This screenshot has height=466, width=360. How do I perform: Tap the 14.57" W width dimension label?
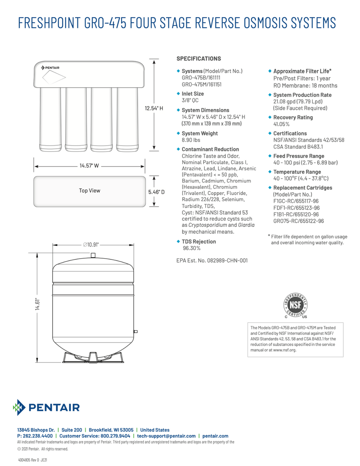click(x=89, y=166)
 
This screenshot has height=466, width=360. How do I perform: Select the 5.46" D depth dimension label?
click(x=156, y=191)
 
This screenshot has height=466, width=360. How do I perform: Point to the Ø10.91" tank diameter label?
click(x=91, y=245)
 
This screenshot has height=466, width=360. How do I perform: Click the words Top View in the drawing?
click(x=90, y=191)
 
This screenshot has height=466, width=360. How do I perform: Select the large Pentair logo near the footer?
click(x=47, y=407)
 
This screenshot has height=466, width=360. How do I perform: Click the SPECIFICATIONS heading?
click(x=199, y=59)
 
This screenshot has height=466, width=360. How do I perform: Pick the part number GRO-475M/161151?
click(x=202, y=84)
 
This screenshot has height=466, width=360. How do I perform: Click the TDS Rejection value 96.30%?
click(x=192, y=248)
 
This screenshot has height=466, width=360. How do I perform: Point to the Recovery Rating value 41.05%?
click(x=281, y=124)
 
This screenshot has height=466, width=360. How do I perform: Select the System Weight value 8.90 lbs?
click(x=191, y=140)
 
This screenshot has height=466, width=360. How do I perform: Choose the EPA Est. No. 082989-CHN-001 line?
click(x=212, y=261)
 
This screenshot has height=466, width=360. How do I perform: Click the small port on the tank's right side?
click(x=136, y=331)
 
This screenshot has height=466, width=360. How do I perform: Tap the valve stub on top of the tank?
click(x=93, y=256)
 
